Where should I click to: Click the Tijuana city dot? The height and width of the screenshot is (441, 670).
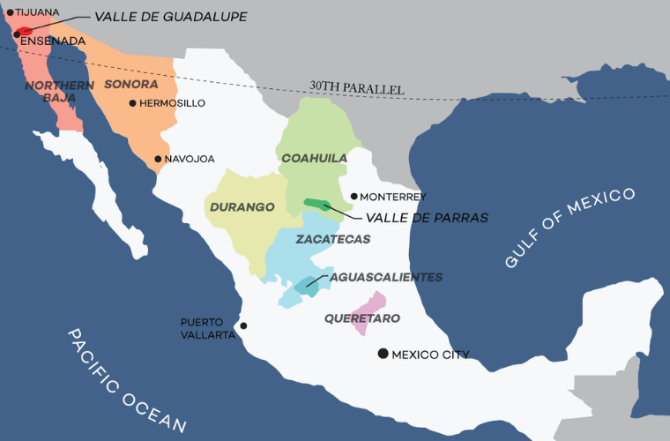11,12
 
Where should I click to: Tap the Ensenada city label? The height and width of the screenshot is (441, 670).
53,41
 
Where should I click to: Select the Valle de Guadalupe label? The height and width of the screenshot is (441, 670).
171,17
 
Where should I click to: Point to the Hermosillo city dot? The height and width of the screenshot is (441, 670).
132,103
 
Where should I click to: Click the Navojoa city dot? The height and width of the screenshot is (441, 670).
158,160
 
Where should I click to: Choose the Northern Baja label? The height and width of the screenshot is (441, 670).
51,91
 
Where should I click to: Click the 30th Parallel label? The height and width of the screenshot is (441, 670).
356,88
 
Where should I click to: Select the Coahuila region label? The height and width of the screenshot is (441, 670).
314,158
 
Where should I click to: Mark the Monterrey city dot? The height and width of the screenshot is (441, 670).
354,197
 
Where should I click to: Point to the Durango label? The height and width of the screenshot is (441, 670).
238,207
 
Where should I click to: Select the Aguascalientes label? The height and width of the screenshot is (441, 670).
385,277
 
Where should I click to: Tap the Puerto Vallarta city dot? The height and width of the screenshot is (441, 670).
244,325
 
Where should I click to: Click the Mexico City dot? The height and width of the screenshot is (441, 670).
383,354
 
